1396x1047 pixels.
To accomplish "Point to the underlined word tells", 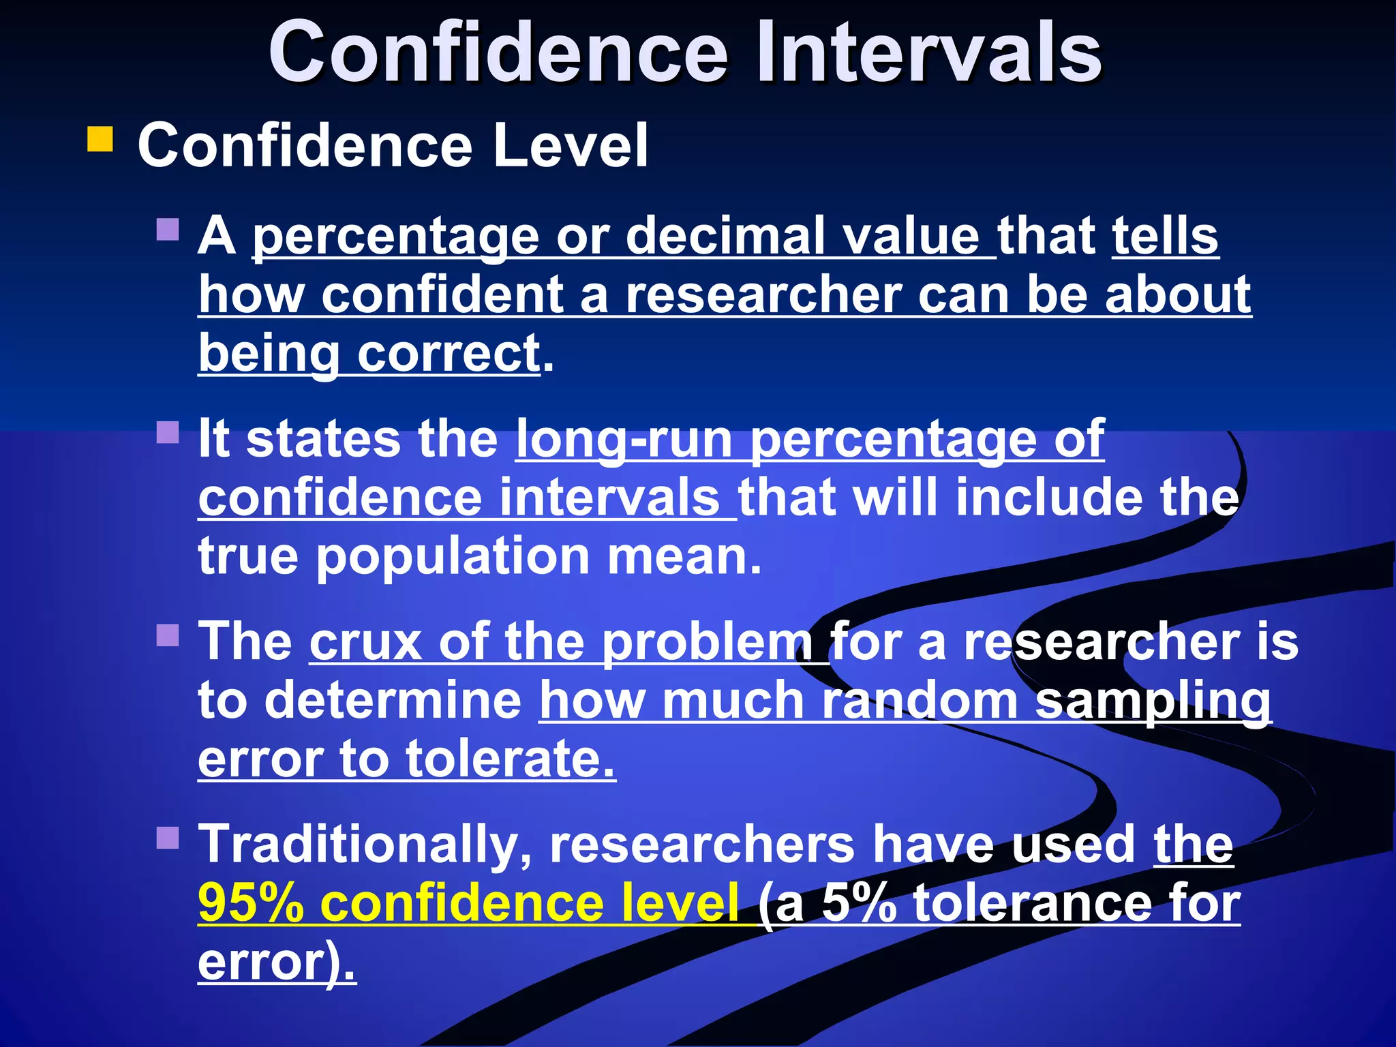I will [x=1165, y=236].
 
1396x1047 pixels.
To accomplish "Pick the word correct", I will [x=449, y=354].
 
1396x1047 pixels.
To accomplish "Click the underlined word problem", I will [x=707, y=644].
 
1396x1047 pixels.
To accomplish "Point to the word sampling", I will [x=1153, y=702].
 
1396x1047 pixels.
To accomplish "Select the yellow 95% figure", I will [x=250, y=903].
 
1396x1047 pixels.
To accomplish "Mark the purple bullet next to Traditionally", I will [x=167, y=838].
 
